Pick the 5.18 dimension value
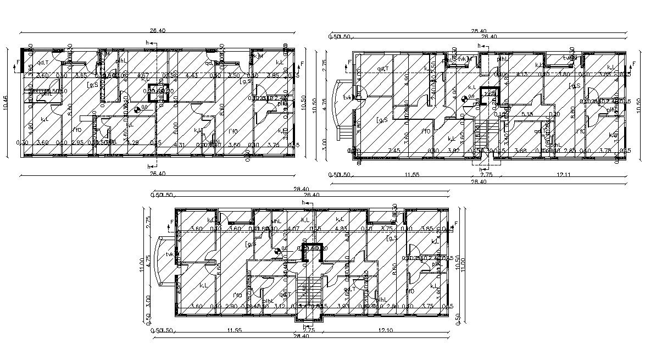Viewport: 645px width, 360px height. pyautogui.click(x=527, y=114)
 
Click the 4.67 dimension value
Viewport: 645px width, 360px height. pyautogui.click(x=143, y=75)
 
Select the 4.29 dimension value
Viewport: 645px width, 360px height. pyautogui.click(x=133, y=143)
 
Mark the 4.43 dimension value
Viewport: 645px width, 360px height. pyautogui.click(x=192, y=75)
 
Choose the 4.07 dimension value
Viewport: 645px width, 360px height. pyautogui.click(x=293, y=229)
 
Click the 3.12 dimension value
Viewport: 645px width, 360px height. pyautogui.click(x=280, y=306)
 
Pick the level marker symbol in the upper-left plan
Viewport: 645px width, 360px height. pyautogui.click(x=136, y=109)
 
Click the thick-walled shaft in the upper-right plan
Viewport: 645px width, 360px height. pyautogui.click(x=488, y=95)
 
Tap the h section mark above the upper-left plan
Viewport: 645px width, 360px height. pyautogui.click(x=147, y=42)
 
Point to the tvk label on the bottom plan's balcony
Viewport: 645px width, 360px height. pyautogui.click(x=170, y=254)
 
